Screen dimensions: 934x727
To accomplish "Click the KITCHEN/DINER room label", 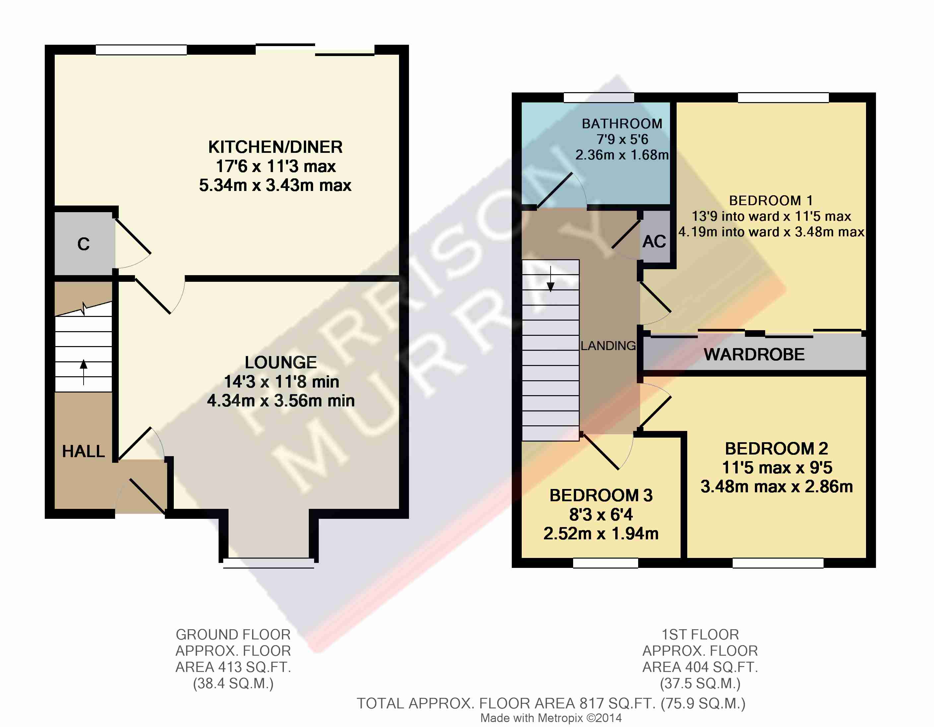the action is coord(275,147).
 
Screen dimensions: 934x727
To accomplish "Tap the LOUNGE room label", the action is coord(281,362).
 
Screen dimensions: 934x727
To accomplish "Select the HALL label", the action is coord(83,451).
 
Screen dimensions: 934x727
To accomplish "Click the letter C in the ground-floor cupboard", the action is coord(83,244).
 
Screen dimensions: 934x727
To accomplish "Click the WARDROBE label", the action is coord(754,354).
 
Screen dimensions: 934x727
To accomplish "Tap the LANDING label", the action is coord(608,346).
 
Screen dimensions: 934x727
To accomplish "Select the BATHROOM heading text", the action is coord(622,124).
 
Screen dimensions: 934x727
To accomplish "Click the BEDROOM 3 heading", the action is coord(601,495).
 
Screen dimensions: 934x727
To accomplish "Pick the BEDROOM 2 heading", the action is coord(776,448).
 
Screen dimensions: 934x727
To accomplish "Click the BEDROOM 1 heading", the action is coord(770,201).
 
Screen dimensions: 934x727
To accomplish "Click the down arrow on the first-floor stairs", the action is coord(550,279).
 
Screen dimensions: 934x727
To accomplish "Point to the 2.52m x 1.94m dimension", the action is coord(601,533).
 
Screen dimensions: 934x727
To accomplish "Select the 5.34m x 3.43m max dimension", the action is coord(275,185).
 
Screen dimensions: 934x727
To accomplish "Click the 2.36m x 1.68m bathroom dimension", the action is coord(622,155).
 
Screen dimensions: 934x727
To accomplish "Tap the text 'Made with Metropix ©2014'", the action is coord(551,718).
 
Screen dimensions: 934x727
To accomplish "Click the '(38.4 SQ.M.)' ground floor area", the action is coord(233,683).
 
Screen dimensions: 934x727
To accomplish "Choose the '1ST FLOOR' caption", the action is coord(700,634).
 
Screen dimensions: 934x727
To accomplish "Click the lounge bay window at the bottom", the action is coord(269,563).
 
